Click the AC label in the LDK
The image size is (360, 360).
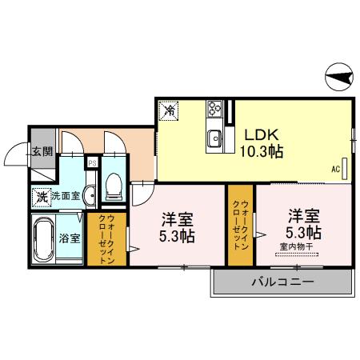(336, 170)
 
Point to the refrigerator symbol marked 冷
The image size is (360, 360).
(170, 111)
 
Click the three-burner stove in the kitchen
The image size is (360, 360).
(215, 109)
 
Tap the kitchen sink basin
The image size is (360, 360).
(215, 139)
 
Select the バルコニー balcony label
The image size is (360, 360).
(282, 282)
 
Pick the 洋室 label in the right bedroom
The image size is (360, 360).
(304, 215)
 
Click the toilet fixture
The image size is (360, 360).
(114, 186)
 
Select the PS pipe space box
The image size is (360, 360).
(93, 163)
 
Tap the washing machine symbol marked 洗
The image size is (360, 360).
(40, 195)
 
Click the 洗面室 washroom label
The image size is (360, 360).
(64, 195)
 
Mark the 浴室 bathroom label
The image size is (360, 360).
(69, 238)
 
